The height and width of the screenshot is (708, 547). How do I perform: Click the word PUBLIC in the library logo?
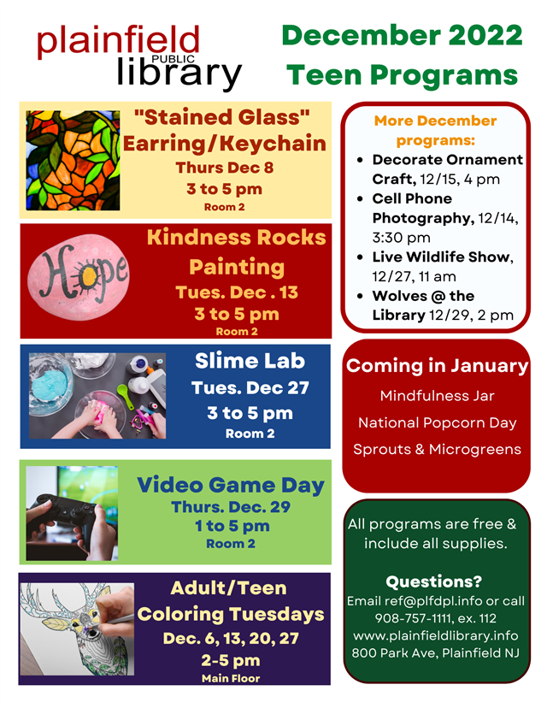pos(174,59)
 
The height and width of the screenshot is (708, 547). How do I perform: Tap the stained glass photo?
pos(74,160)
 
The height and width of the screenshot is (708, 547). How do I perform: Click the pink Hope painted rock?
pos(79,277)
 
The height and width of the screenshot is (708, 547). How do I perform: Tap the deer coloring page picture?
pos(77,629)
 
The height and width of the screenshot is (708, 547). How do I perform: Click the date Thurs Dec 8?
pos(224,168)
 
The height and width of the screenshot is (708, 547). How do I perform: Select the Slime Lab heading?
pos(250,361)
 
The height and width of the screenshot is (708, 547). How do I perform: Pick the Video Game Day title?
pos(231,486)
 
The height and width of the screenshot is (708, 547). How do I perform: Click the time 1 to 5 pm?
pos(232,526)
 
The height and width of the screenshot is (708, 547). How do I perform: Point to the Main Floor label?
pos(231,678)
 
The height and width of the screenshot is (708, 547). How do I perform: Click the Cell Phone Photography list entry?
pos(445,218)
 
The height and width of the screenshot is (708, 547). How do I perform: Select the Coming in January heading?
pos(437,366)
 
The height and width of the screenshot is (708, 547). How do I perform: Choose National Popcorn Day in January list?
pos(437,422)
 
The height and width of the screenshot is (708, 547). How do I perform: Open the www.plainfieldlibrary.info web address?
pos(436,636)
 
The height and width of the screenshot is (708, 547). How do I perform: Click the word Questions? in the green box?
pos(433,581)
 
